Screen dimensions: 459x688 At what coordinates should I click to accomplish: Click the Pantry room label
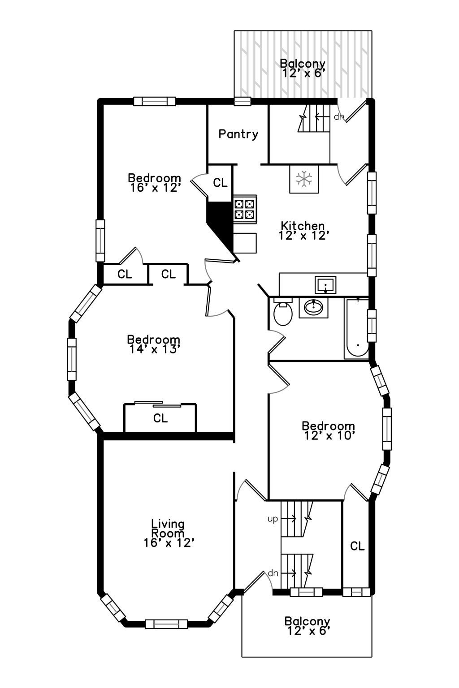tap(238, 134)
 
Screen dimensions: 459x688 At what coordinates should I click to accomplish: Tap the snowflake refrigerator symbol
tap(304, 179)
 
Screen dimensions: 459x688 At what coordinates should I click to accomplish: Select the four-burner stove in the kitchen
tap(245, 209)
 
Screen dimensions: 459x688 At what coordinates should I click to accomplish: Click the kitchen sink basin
tap(325, 285)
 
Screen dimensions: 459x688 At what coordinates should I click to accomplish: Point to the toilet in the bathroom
tap(282, 311)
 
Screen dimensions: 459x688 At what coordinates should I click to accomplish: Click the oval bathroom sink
tap(313, 307)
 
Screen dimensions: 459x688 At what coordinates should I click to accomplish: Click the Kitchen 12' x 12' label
tap(303, 231)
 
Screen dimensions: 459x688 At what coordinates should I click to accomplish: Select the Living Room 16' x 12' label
tap(169, 533)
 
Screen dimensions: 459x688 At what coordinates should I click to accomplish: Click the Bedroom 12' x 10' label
tap(329, 430)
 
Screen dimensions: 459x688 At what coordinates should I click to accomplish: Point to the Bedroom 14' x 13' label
tap(153, 344)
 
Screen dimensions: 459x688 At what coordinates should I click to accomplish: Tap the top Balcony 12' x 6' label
tap(303, 68)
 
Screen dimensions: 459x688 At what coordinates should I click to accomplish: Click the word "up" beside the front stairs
tap(273, 519)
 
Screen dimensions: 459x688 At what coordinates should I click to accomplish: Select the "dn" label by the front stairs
tap(273, 573)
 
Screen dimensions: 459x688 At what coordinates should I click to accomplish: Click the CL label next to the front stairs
tap(357, 546)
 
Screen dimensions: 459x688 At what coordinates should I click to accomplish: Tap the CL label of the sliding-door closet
tap(160, 418)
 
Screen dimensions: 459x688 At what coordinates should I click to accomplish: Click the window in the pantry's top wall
tap(242, 101)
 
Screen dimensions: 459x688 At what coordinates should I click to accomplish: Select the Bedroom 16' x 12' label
tap(154, 183)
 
